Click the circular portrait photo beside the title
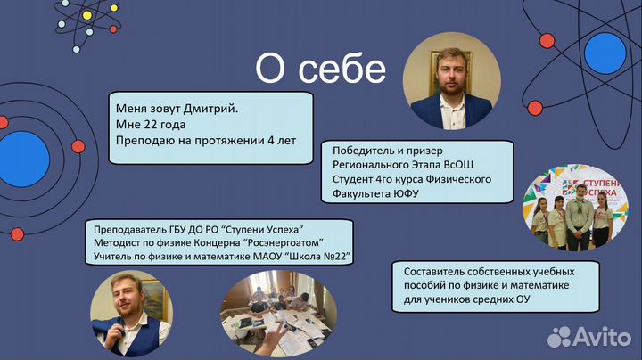tap(452, 85)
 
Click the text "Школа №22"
tap(317, 258)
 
